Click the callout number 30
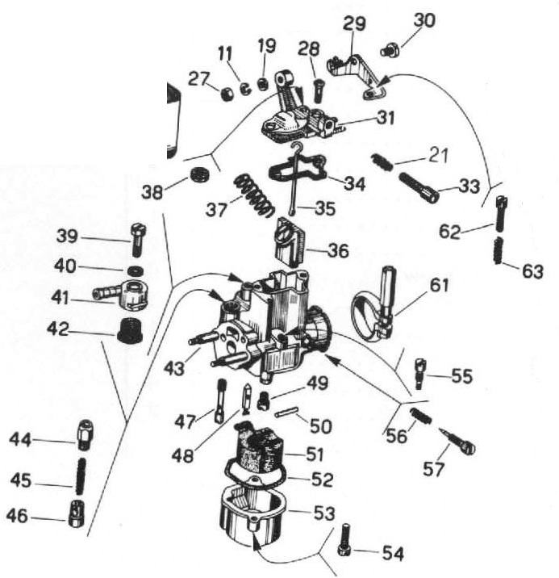coord(424,20)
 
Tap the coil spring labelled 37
coord(254,195)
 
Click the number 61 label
coord(439,285)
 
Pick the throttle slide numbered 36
coord(292,241)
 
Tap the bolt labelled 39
coord(138,240)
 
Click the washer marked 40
coord(136,271)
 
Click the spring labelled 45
coord(81,476)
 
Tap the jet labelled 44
coord(86,434)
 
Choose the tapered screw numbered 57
coord(457,442)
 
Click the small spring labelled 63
coord(498,251)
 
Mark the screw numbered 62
coord(500,213)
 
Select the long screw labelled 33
coord(419,187)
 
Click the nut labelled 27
coord(227,94)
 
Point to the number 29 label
coord(354,24)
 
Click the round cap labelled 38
coord(200,174)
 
